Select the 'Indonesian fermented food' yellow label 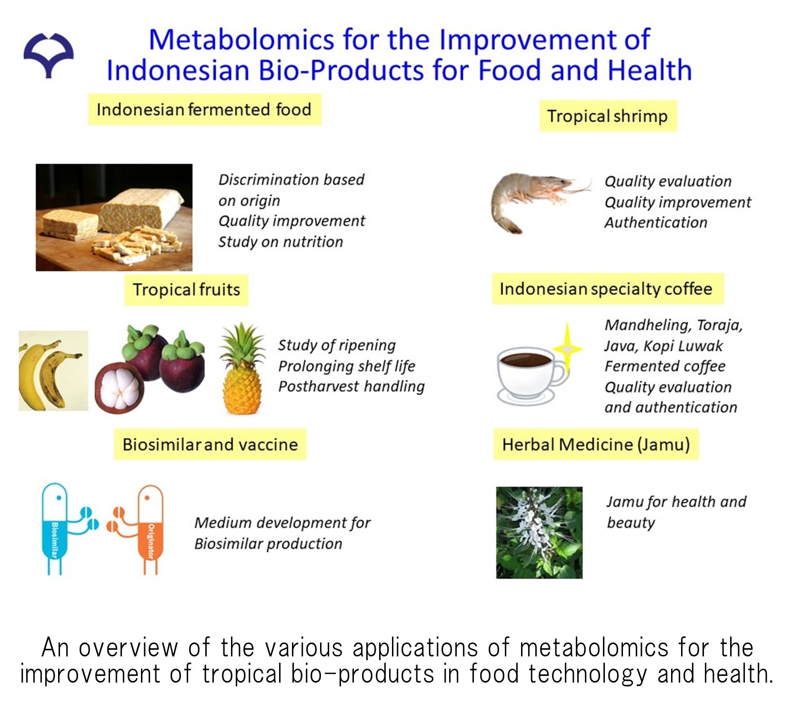[x=204, y=109]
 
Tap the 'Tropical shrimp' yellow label [x=608, y=116]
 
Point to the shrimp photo [x=541, y=201]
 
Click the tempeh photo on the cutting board [x=114, y=218]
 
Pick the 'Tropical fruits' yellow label [x=186, y=289]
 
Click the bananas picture [x=53, y=370]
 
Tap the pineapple [x=242, y=369]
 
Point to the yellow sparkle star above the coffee [x=567, y=348]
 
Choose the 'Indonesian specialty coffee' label [x=608, y=288]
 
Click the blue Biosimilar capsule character [x=67, y=529]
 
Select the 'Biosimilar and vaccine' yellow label [x=210, y=444]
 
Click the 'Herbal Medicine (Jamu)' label [x=596, y=444]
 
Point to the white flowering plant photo [x=539, y=532]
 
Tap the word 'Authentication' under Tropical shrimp [x=656, y=222]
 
